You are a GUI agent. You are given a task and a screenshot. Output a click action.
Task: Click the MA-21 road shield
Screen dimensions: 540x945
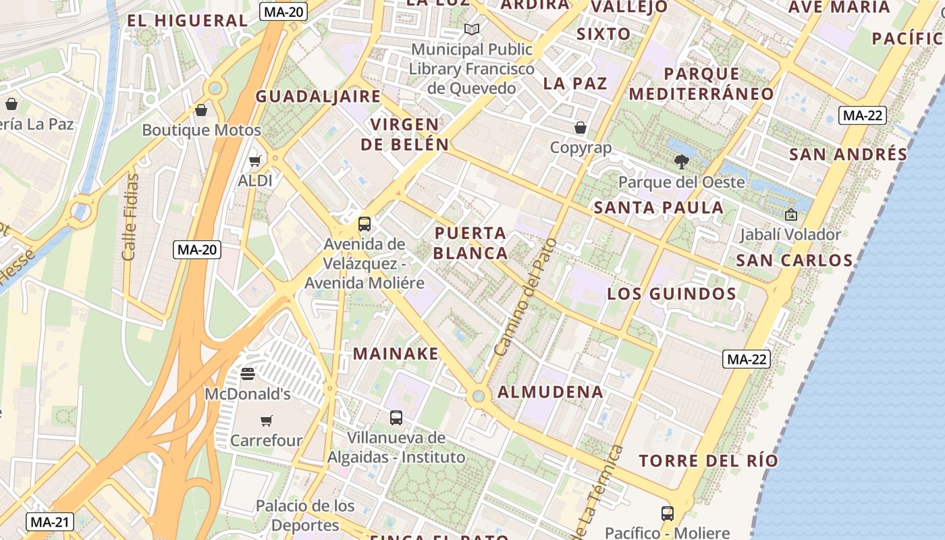(x=50, y=522)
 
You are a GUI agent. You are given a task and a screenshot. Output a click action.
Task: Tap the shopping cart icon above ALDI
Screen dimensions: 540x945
(x=255, y=161)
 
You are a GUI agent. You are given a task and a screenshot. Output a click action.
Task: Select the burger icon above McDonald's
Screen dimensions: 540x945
(x=248, y=373)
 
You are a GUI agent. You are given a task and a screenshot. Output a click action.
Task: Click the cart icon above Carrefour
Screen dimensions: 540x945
(x=267, y=421)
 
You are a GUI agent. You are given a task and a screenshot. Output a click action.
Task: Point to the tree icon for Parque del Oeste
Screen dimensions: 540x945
(x=682, y=161)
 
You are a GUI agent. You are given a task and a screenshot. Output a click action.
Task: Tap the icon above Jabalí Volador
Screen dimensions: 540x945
(x=790, y=215)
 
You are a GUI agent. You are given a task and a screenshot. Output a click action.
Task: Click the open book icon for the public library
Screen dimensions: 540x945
(x=472, y=29)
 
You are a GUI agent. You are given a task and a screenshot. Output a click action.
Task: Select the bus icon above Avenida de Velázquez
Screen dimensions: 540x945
(x=364, y=223)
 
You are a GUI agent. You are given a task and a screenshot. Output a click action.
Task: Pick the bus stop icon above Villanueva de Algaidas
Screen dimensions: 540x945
(x=396, y=417)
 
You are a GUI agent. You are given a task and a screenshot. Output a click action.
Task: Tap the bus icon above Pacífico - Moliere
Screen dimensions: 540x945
(x=668, y=513)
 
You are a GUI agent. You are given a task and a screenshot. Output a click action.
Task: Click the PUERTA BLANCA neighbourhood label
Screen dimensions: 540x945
(x=470, y=243)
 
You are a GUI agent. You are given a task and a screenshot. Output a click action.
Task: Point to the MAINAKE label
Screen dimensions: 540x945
(x=396, y=354)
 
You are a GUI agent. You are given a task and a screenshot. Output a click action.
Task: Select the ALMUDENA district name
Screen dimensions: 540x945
(x=550, y=392)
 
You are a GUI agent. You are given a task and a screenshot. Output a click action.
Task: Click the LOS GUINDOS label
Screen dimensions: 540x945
(x=672, y=294)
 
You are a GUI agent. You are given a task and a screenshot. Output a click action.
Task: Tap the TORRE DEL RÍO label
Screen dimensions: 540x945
(x=708, y=461)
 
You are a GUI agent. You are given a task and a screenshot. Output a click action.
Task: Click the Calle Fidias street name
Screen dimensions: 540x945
(x=130, y=217)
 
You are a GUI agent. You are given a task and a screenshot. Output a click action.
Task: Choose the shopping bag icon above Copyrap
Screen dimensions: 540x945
(x=580, y=128)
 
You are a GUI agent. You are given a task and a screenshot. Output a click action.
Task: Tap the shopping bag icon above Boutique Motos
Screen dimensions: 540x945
(x=201, y=110)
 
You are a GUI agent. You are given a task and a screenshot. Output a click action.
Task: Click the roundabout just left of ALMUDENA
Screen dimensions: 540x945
(x=479, y=396)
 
